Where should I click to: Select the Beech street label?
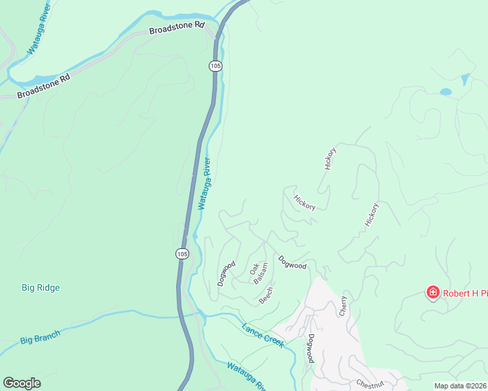click(x=266, y=295)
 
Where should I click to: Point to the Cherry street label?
click(x=343, y=306)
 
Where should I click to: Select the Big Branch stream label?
click(x=40, y=337)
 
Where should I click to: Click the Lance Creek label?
click(x=262, y=335)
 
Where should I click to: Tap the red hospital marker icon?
click(x=433, y=293)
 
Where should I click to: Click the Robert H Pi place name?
click(x=465, y=293)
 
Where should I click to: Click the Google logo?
click(x=22, y=383)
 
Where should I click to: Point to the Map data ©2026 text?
click(x=460, y=386)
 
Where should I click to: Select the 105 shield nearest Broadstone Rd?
click(x=215, y=66)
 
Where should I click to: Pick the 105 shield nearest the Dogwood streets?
click(x=182, y=253)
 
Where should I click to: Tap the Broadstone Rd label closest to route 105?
click(x=177, y=28)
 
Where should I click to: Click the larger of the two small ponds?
click(x=446, y=92)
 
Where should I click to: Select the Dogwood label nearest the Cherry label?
click(x=312, y=349)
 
